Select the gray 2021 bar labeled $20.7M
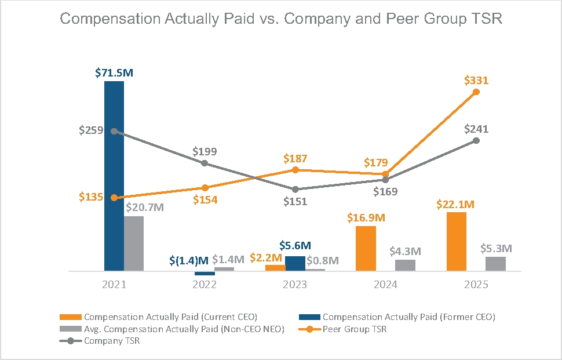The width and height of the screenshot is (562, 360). click(134, 243)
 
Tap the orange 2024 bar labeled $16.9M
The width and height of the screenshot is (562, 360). click(366, 248)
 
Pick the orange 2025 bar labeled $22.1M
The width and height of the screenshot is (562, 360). click(457, 241)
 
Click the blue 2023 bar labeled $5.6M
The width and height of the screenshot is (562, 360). click(295, 263)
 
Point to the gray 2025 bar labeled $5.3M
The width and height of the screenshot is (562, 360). click(495, 264)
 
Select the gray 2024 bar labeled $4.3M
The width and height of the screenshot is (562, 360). click(405, 265)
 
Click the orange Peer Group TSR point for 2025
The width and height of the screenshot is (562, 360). click(476, 92)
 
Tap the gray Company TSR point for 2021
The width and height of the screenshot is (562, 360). click(114, 131)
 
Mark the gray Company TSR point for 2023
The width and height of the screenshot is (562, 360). click(295, 189)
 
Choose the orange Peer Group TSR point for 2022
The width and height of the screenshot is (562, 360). click(205, 187)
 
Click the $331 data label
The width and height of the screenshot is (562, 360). click(476, 80)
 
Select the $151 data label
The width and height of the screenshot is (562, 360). click(295, 202)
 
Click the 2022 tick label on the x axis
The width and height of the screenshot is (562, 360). click(205, 285)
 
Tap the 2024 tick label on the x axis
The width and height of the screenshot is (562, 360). click(385, 285)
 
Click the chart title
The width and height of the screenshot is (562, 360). click(281, 19)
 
